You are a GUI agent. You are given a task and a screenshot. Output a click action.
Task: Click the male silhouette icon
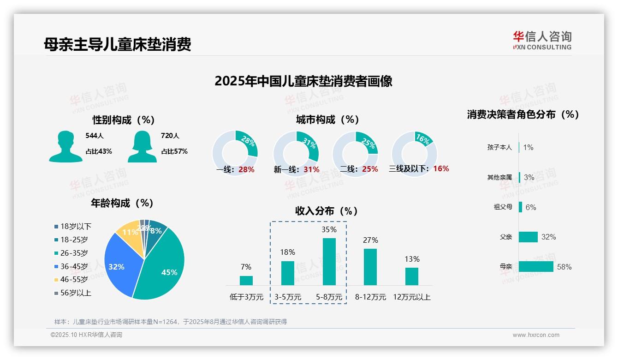pos(65,147)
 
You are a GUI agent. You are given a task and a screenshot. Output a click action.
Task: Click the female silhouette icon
pos(142,147)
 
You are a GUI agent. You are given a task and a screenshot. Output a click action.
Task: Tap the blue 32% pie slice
pos(118,266)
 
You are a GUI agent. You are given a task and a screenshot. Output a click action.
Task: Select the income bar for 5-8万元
pos(329,262)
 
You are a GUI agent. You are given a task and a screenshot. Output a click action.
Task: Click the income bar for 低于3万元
pos(246,281)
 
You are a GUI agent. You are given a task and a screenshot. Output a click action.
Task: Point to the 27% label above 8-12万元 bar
pos(370,240)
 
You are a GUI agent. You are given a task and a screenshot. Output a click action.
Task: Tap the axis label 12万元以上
pos(412,297)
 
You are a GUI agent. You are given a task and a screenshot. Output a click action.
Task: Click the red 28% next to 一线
pos(246,169)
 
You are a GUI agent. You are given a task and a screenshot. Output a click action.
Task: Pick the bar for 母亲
pos(536,267)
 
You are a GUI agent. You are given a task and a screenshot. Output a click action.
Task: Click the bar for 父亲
pos(528,237)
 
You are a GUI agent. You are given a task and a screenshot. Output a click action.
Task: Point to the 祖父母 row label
pos(503,207)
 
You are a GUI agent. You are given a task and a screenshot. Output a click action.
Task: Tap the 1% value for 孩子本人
pos(528,147)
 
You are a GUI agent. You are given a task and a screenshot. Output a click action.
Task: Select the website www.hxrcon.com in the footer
pos(536,335)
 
